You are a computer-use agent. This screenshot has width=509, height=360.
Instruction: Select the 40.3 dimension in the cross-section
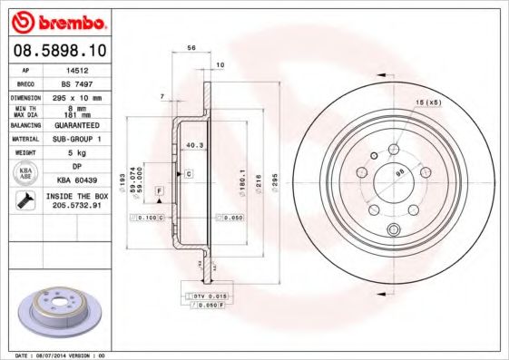click(192, 144)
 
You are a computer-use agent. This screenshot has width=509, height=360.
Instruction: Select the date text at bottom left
click(55, 355)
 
